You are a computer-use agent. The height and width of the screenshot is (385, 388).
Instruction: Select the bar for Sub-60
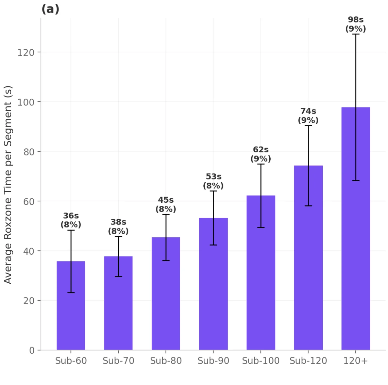71,306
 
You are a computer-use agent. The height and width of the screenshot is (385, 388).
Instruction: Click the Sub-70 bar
118,303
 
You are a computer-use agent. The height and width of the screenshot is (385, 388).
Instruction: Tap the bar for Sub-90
213,284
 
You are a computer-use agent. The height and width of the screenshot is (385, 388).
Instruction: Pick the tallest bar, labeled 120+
356,228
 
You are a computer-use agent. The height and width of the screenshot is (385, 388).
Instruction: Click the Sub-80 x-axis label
166,360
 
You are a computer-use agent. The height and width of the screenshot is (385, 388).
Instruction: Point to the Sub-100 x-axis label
261,360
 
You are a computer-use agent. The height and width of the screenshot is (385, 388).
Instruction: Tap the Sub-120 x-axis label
308,360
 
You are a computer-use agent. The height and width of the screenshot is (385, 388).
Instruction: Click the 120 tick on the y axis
26,53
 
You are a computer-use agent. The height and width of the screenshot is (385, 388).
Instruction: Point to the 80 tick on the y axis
29,152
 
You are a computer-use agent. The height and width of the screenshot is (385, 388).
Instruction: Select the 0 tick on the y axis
32,350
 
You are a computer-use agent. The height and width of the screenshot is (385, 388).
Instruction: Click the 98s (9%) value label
356,24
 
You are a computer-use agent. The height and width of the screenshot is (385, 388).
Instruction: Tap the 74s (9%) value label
308,116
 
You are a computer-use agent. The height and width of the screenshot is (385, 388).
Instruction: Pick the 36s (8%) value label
71,220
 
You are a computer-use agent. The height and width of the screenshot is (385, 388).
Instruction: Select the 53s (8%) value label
213,181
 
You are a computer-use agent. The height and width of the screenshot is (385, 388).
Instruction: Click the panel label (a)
50,9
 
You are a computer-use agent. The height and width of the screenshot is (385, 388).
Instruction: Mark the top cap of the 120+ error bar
356,34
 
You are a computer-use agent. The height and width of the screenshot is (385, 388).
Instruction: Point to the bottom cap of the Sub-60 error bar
71,292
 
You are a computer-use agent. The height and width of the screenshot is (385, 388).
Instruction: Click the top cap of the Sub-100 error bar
261,164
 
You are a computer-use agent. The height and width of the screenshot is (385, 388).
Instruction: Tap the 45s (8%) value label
166,205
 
